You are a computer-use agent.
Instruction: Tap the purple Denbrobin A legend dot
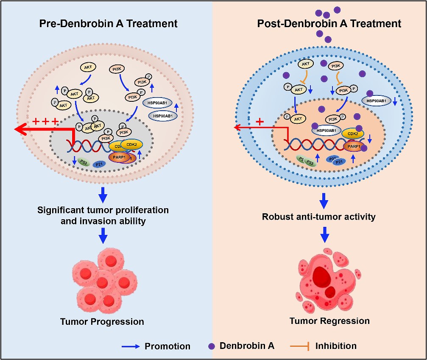212,346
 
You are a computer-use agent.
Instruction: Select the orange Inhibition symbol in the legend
299,346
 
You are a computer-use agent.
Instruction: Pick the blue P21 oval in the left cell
99,164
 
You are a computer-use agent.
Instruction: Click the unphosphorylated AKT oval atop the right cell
306,64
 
